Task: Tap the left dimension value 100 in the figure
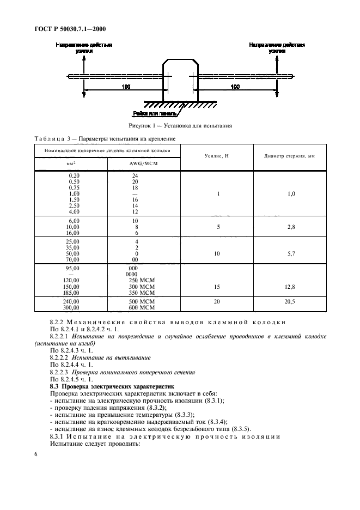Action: tap(127, 87)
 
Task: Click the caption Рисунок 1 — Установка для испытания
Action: tap(180, 126)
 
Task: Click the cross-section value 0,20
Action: tap(73, 176)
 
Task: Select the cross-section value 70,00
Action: tap(72, 260)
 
